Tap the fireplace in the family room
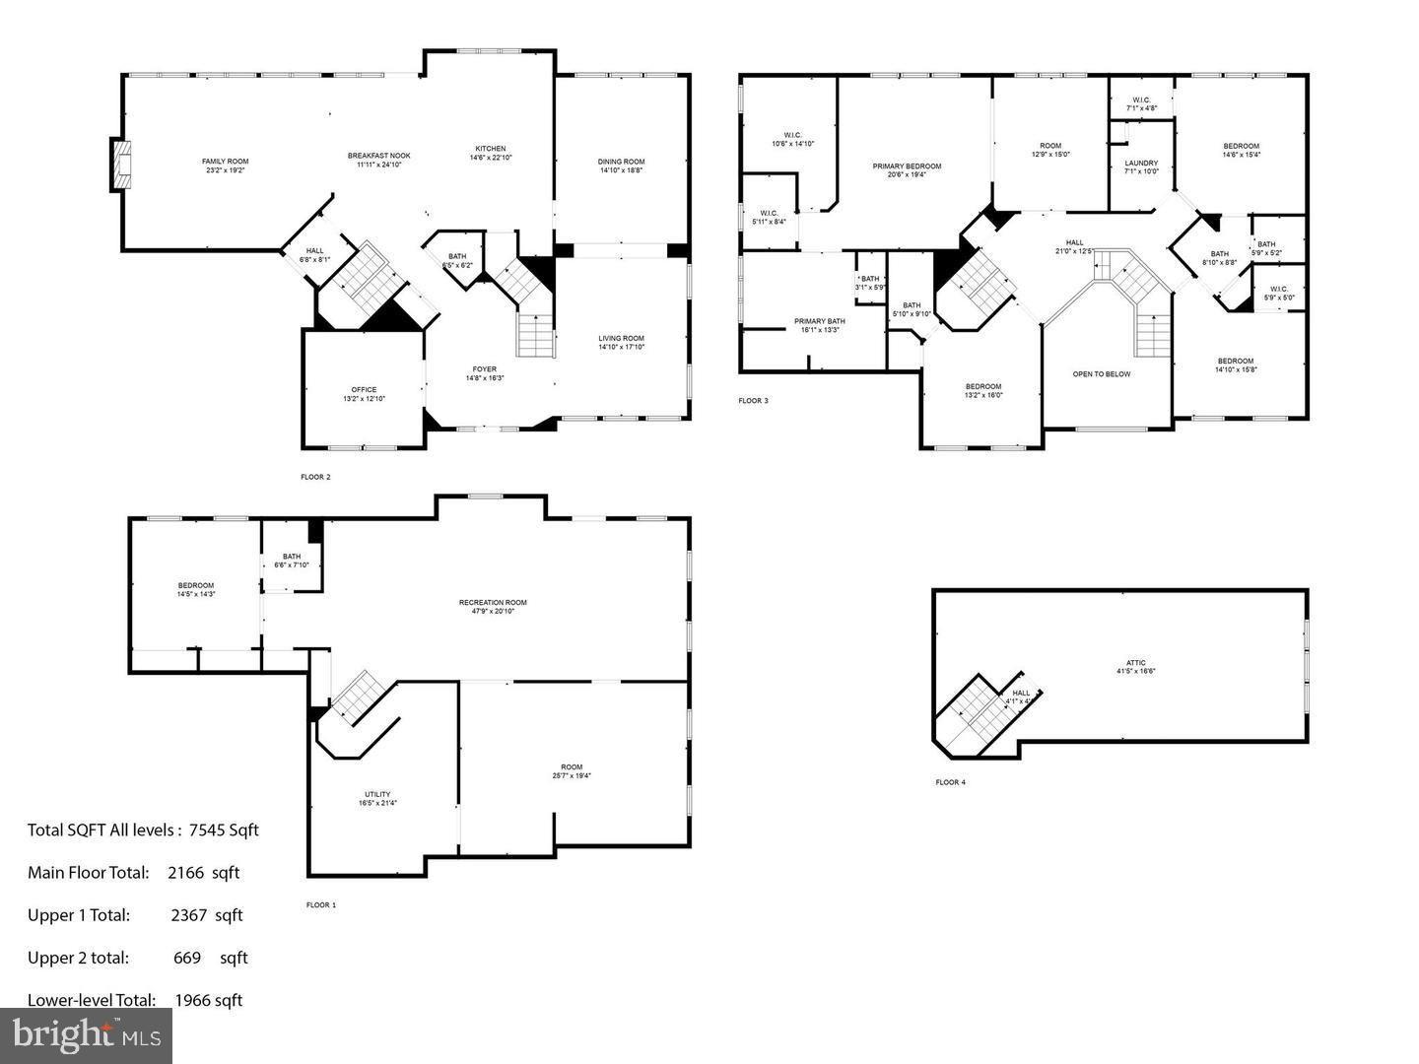coord(120,165)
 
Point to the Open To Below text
coord(1102,374)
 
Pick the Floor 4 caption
coord(950,782)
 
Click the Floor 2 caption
coord(315,477)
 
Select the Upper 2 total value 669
coord(186,958)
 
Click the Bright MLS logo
coord(86,1035)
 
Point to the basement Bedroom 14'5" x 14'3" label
coord(195,589)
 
